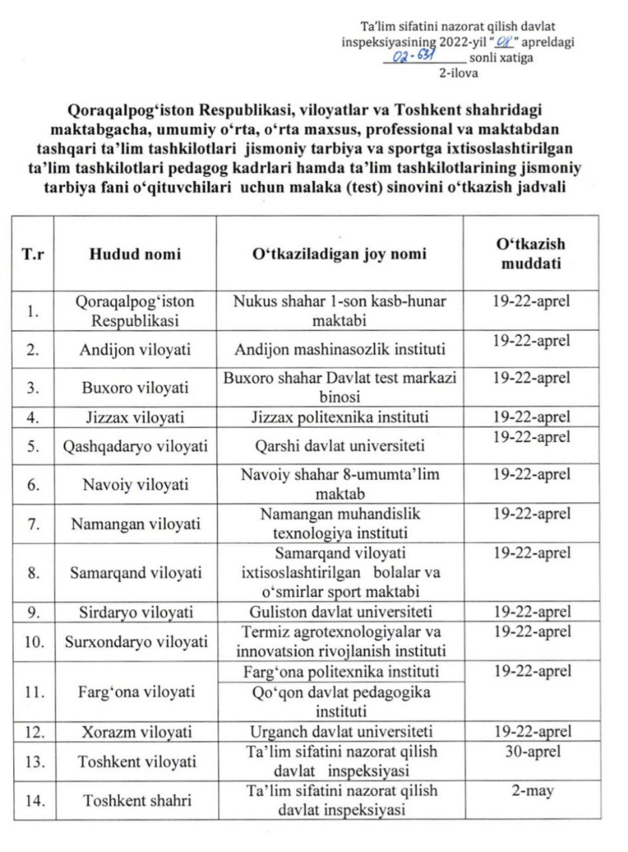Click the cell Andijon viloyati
tap(135, 349)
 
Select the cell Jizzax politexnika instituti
tap(339, 418)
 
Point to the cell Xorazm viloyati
tap(135, 732)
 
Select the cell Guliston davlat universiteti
tap(339, 612)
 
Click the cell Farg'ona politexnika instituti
tap(339, 671)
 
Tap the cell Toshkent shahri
tap(135, 801)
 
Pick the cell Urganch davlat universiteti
tap(339, 732)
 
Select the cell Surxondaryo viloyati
tap(135, 642)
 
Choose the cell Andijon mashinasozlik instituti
tap(339, 349)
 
